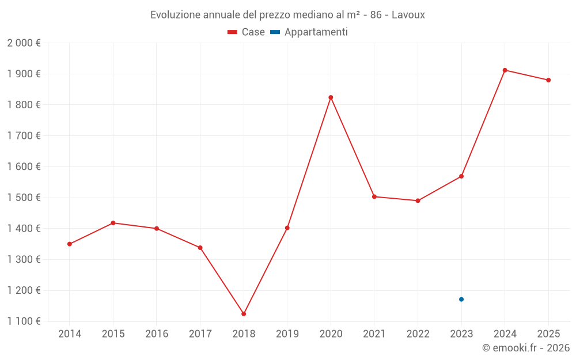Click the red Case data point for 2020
(x=331, y=97)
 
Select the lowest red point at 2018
(x=244, y=314)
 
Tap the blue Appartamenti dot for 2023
(x=461, y=300)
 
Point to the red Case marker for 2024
(x=505, y=70)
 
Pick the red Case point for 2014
(x=70, y=244)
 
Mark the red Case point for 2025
(x=548, y=80)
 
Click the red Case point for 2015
(x=113, y=223)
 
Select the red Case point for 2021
(x=374, y=197)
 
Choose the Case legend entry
(x=247, y=32)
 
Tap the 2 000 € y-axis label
(x=24, y=43)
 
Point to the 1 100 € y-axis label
(x=24, y=321)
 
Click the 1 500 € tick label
(x=24, y=198)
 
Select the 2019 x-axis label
(x=287, y=334)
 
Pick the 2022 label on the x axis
(x=418, y=334)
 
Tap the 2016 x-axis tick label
(x=157, y=334)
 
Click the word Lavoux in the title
(x=408, y=15)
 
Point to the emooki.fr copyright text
(x=526, y=348)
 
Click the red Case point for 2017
(x=200, y=248)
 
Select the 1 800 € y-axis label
(x=24, y=105)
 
